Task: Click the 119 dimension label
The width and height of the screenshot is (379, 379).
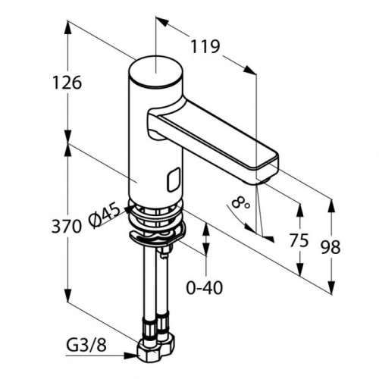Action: pyautogui.click(x=205, y=46)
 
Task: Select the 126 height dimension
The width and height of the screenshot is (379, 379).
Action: pyautogui.click(x=67, y=83)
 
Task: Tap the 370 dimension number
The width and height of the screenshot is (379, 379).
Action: pyautogui.click(x=67, y=226)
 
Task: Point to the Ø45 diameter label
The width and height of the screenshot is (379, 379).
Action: pyautogui.click(x=104, y=215)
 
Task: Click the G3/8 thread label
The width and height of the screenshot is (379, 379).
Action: pyautogui.click(x=86, y=346)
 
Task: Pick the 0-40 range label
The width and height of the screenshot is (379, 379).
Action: pyautogui.click(x=205, y=288)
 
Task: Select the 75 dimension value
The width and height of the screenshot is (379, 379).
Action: pyautogui.click(x=299, y=240)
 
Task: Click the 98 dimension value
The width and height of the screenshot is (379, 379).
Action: pyautogui.click(x=330, y=247)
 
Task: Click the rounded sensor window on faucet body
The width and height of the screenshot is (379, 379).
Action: pyautogui.click(x=174, y=180)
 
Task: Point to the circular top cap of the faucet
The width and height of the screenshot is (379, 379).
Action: pyautogui.click(x=155, y=71)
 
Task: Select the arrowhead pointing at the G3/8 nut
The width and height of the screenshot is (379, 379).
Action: pyautogui.click(x=132, y=356)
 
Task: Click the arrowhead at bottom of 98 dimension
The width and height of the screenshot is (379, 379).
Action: pyautogui.click(x=331, y=286)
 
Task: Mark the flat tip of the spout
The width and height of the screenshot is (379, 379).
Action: pyautogui.click(x=268, y=165)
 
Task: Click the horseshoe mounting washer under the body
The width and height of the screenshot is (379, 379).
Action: pyautogui.click(x=157, y=236)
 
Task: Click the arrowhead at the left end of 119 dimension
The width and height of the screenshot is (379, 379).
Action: pyautogui.click(x=162, y=21)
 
